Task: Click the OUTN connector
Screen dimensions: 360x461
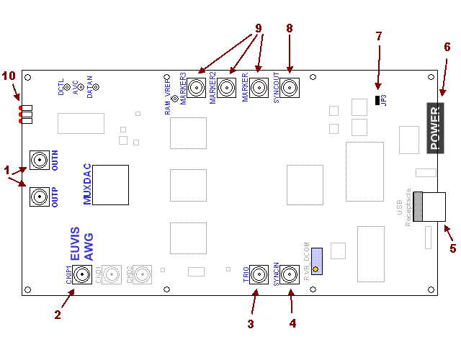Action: tap(39, 160)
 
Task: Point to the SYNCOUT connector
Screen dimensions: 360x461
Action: tap(290, 88)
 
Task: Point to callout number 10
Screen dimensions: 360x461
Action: tap(9, 76)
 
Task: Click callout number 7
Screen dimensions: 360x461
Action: tap(378, 35)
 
